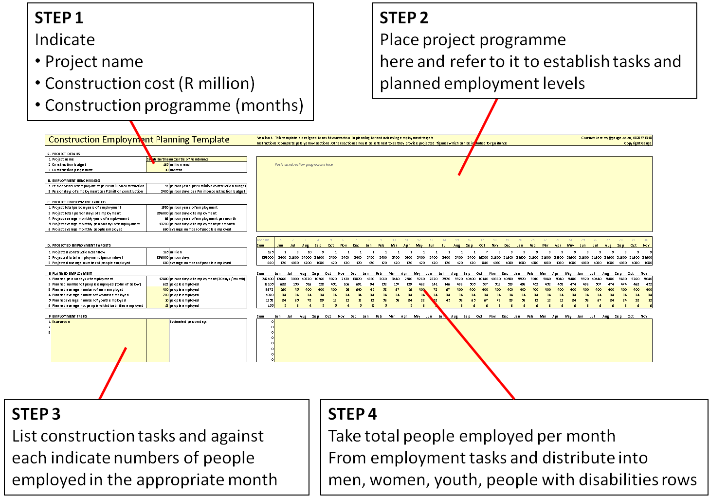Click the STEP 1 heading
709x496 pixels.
click(59, 18)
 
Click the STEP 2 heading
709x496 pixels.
click(404, 18)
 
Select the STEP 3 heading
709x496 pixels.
click(36, 414)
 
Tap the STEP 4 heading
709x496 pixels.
click(352, 414)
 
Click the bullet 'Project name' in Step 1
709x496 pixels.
click(94, 62)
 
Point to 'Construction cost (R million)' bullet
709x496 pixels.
click(149, 84)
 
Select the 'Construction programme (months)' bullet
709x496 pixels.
click(174, 106)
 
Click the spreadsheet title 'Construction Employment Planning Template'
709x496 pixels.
click(139, 140)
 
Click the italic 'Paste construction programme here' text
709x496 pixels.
click(304, 165)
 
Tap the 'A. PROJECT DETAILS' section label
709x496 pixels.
click(64, 154)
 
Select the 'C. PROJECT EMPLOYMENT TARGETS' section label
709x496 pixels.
click(77, 202)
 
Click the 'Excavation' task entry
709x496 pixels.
click(61, 322)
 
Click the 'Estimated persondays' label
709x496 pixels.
click(188, 322)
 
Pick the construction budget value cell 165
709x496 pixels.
click(165, 165)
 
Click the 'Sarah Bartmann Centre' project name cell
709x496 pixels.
click(178, 159)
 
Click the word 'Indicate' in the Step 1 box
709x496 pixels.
click(65, 40)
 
